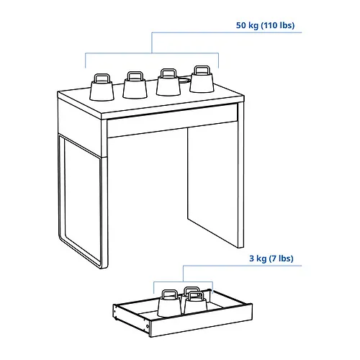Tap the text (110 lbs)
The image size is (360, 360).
point(279,26)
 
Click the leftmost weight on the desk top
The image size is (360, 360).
point(100,89)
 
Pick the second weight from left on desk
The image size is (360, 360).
point(134,87)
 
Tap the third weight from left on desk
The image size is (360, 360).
point(168,85)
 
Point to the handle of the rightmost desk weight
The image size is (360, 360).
point(201,70)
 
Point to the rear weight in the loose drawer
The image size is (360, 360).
point(191,292)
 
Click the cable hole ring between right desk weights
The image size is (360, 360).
point(185,81)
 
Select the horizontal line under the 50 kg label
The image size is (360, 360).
point(151,53)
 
